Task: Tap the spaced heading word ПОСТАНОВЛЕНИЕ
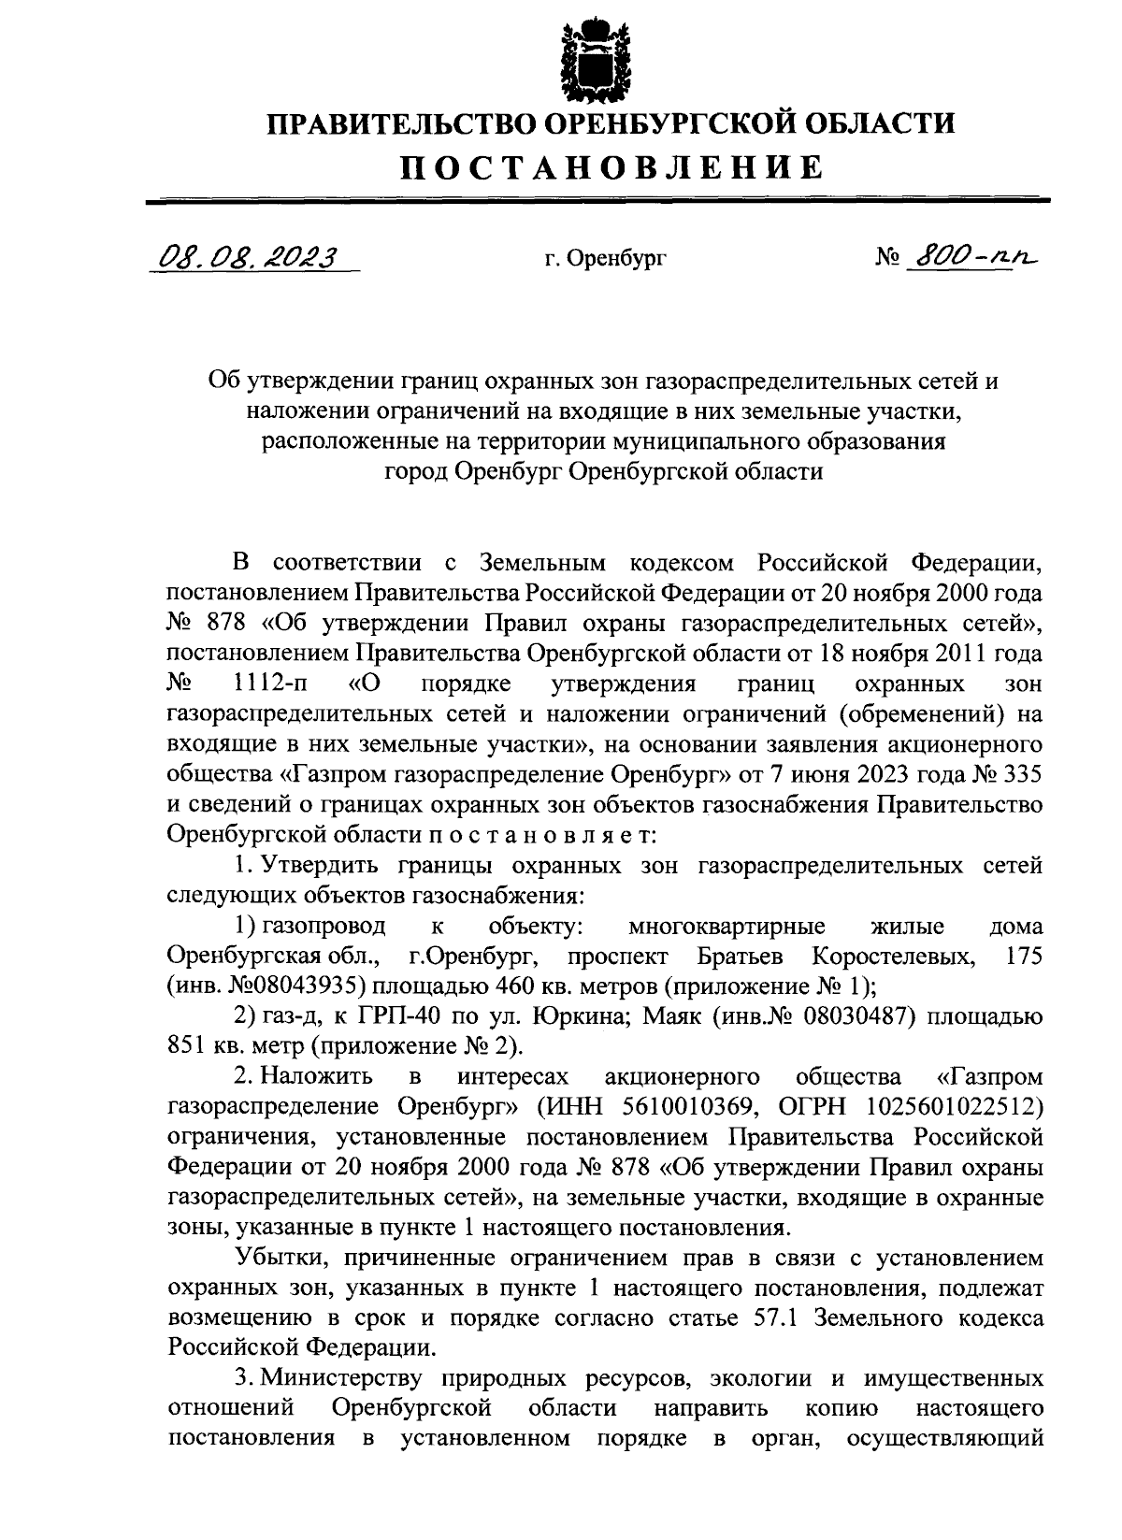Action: point(612,167)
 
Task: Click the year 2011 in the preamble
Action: point(953,654)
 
